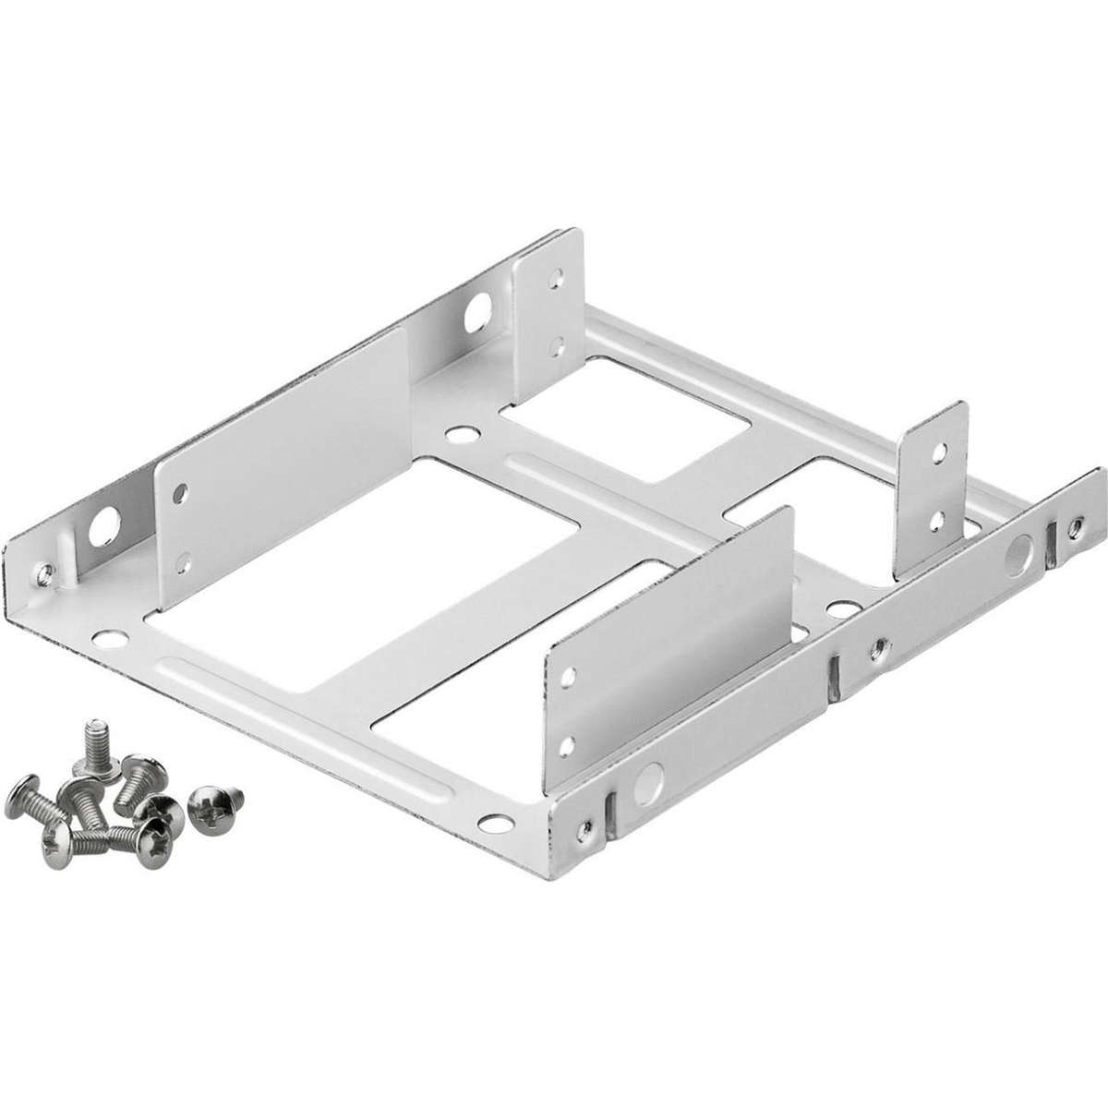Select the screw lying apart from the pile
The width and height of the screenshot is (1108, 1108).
pos(213,799)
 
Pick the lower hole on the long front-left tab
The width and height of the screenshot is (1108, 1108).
pos(184,559)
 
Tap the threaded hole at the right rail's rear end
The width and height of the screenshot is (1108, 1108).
pos(1075,527)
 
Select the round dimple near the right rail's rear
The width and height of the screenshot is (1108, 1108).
pos(1018,551)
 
